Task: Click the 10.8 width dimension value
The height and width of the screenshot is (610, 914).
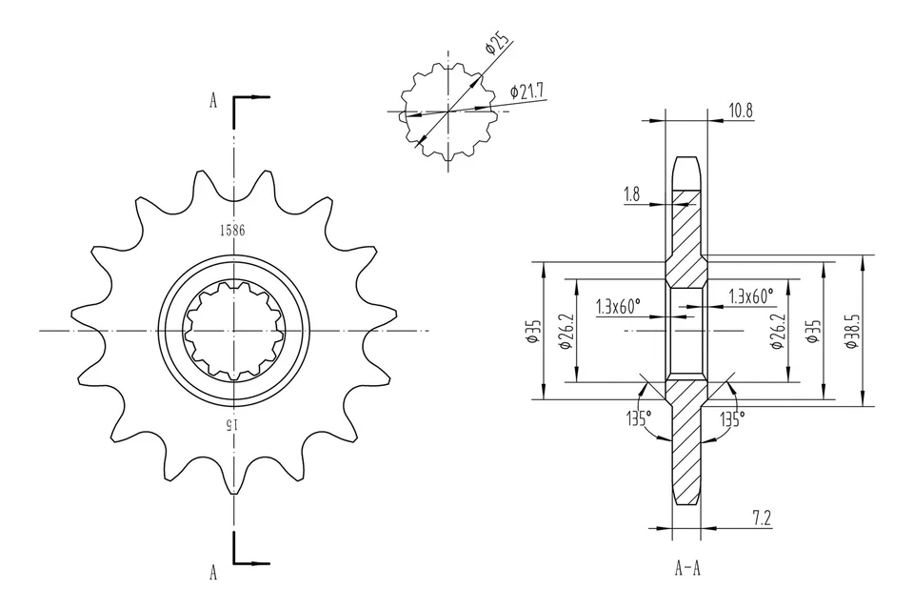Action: (740, 111)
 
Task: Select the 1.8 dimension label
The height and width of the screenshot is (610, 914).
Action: (631, 193)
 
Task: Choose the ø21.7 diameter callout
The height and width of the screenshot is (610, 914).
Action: (527, 91)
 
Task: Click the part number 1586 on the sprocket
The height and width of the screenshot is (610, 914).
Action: (231, 230)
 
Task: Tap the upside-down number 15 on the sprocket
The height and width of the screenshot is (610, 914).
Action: (230, 425)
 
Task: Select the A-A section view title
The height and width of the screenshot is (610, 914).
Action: (687, 570)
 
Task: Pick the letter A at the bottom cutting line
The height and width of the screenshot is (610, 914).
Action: (213, 572)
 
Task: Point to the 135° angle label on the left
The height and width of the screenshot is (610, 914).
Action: (638, 418)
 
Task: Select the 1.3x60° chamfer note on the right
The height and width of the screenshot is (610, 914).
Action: (751, 295)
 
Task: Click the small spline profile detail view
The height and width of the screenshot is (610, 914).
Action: (447, 111)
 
